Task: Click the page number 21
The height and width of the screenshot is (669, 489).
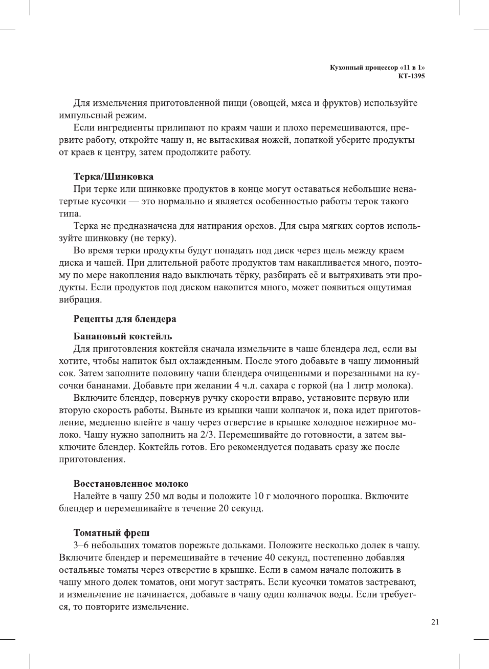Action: [x=435, y=622]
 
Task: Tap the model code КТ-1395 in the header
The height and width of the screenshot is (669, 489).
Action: [x=411, y=76]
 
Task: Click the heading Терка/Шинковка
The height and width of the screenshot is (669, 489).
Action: [x=114, y=177]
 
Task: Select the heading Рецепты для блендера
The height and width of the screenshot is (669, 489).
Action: [x=125, y=319]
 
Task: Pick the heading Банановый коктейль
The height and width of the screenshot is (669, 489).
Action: [x=123, y=336]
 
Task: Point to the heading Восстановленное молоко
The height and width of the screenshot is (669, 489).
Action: [x=131, y=484]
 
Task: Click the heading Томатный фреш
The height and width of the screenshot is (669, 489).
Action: [x=112, y=533]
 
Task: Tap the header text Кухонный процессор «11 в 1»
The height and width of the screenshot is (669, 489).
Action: [x=377, y=68]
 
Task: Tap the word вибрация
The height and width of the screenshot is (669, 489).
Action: [x=80, y=300]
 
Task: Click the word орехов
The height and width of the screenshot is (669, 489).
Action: [x=259, y=226]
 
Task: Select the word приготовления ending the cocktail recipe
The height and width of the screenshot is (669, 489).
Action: [x=92, y=459]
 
